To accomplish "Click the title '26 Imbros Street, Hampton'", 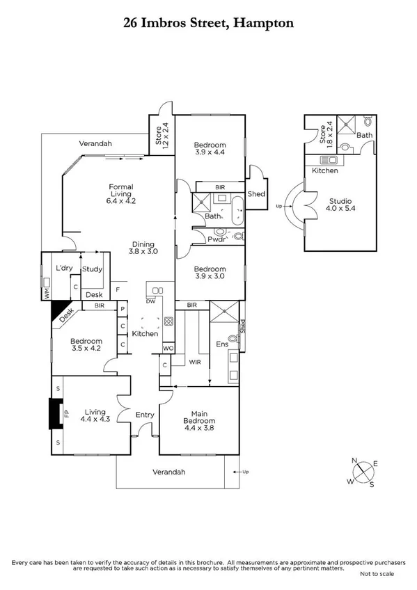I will [209, 23].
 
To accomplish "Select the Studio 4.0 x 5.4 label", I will [341, 207].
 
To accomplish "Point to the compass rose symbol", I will [364, 472].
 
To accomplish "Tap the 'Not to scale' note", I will [377, 573].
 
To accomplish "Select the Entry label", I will [145, 415].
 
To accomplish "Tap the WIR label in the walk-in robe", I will [195, 362].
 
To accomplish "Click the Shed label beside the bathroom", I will [255, 193].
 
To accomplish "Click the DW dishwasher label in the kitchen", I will [150, 301].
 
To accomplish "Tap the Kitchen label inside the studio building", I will [324, 170].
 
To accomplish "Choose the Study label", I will [92, 269].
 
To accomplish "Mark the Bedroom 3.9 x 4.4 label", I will [210, 148].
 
